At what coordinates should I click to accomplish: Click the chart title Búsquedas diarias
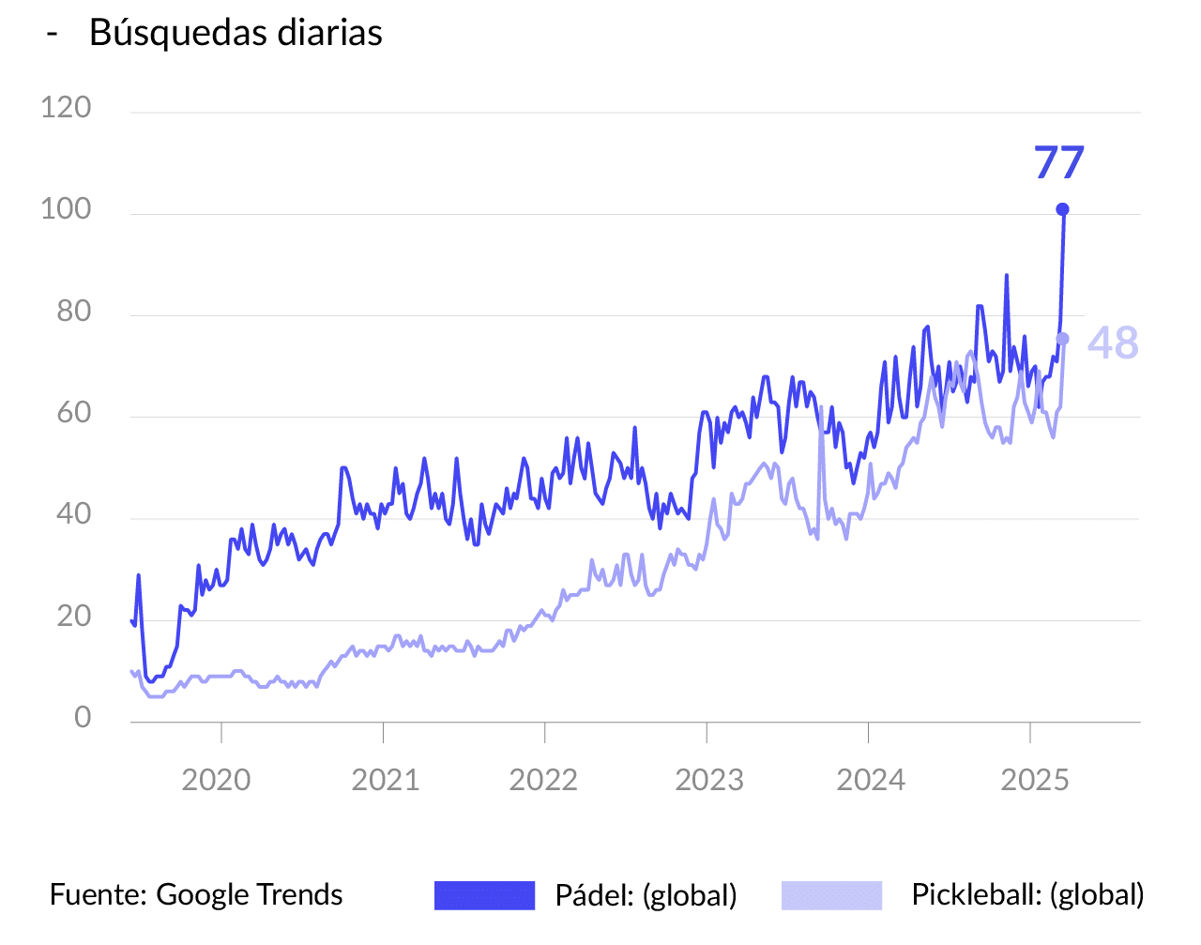236,33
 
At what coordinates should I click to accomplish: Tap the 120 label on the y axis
66,108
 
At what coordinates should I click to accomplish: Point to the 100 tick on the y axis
66,209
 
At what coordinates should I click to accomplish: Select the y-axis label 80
73,311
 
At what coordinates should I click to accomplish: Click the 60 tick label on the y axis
73,413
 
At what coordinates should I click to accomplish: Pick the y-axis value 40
73,514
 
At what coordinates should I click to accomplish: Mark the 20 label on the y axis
73,617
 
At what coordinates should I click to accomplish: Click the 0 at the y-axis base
83,718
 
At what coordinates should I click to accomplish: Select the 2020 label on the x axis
216,780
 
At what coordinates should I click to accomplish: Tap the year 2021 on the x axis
385,780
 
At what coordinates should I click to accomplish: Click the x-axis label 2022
543,780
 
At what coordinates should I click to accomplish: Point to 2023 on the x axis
709,780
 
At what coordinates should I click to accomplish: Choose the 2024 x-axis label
871,780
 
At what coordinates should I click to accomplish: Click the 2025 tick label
1035,780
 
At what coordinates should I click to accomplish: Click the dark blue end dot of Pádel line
1062,209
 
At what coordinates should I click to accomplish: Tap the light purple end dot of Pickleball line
1062,339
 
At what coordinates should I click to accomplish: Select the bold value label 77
1059,162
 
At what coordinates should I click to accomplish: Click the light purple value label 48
1113,343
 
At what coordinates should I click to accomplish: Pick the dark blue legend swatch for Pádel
484,895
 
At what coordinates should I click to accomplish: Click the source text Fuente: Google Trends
196,894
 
